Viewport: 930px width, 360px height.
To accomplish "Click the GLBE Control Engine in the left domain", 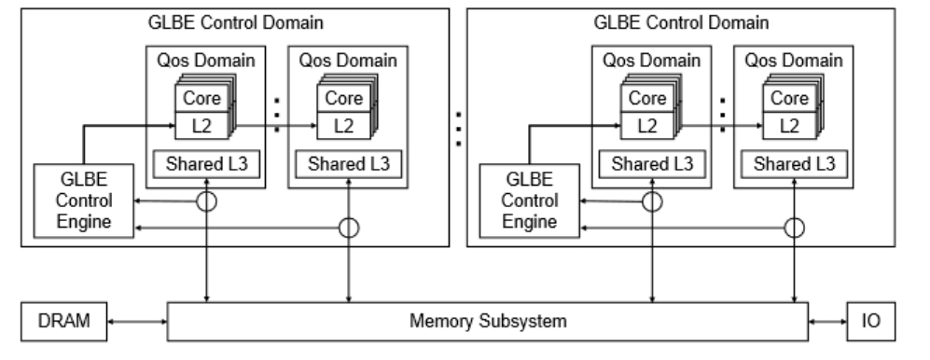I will point(74,200).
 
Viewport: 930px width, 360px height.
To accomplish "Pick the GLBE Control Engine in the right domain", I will point(520,200).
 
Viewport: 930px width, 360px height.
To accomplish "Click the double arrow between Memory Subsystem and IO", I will point(827,322).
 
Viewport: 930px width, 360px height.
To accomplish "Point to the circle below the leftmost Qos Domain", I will point(206,201).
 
